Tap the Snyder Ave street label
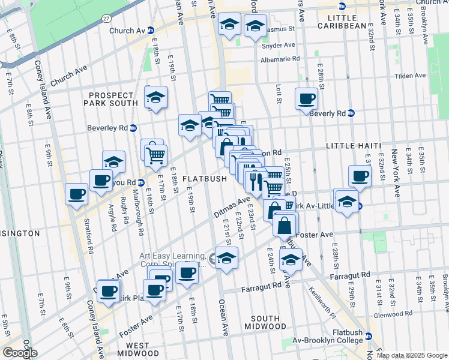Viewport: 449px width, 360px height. tap(281, 45)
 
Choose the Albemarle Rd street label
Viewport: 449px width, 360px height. tap(280, 59)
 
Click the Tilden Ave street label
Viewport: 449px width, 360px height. tap(410, 76)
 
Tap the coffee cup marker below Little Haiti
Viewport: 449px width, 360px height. tap(360, 176)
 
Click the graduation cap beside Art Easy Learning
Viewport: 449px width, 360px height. tap(226, 259)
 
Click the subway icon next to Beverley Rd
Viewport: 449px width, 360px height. tap(134, 128)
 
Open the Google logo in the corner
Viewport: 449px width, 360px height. tap(20, 353)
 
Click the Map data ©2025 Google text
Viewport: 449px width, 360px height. tap(412, 355)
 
